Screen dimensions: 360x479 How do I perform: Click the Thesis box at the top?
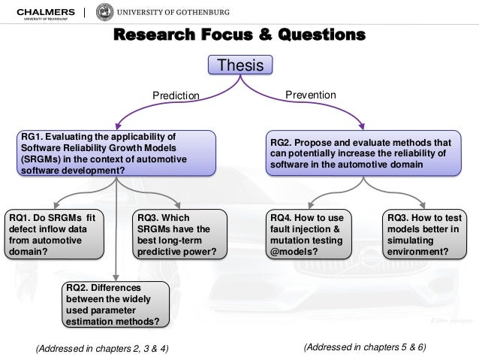pyautogui.click(x=239, y=66)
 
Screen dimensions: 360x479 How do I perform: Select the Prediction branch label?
pyautogui.click(x=176, y=95)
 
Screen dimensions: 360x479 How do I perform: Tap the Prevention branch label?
pyautogui.click(x=311, y=95)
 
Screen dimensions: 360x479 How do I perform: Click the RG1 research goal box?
pyautogui.click(x=117, y=153)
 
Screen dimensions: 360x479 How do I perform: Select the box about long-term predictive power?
pyautogui.click(x=180, y=235)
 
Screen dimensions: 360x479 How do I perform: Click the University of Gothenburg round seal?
pyautogui.click(x=105, y=13)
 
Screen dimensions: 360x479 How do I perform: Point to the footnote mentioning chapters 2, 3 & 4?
pyautogui.click(x=102, y=348)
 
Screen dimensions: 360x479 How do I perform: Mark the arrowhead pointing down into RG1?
pyautogui.click(x=117, y=126)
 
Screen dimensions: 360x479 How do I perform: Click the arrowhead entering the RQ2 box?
pyautogui.click(x=116, y=277)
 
